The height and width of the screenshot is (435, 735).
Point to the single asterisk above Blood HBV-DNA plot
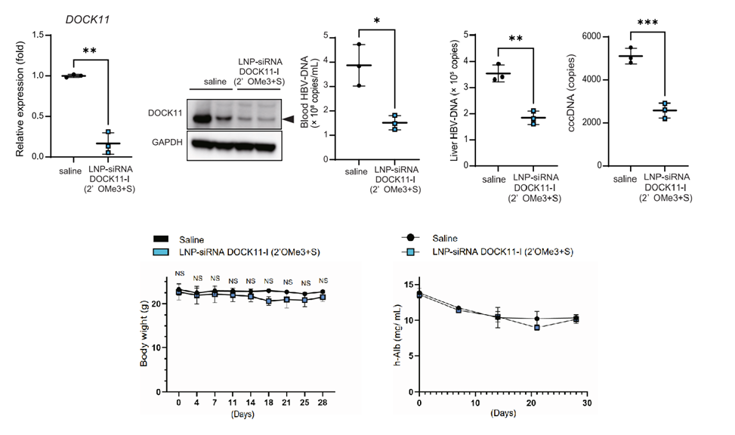coord(377,20)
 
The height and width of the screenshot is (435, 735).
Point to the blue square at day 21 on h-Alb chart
coord(536,328)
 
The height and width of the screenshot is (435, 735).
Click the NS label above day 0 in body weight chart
coord(179,274)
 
